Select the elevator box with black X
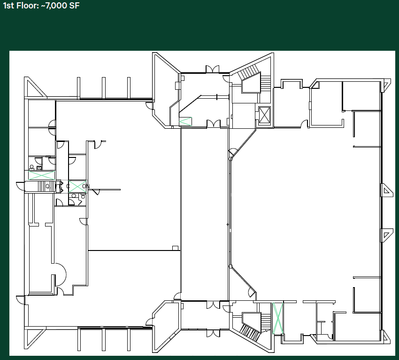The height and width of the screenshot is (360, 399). point(265,115)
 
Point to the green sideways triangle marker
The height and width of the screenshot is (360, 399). point(185,121)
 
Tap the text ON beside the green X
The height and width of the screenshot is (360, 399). point(85,186)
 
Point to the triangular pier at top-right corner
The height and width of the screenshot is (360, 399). point(386,85)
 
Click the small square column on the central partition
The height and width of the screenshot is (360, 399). point(175,248)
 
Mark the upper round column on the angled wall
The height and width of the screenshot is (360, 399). point(230,159)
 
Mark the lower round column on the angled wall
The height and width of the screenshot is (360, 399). point(230,266)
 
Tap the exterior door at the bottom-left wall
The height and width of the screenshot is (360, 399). point(20,299)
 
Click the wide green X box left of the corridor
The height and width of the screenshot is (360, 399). point(41,175)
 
